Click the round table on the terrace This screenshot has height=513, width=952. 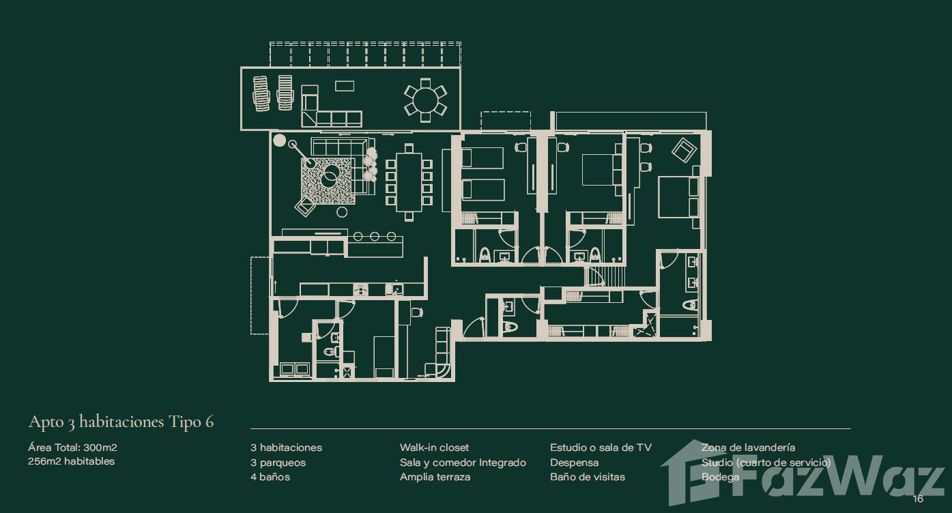pyautogui.click(x=425, y=100)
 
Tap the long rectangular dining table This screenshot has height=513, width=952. pyautogui.click(x=409, y=182)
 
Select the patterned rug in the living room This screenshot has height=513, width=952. pyautogui.click(x=328, y=181)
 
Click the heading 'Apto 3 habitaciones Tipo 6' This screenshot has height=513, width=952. pyautogui.click(x=121, y=422)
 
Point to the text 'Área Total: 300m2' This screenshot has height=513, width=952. pyautogui.click(x=72, y=448)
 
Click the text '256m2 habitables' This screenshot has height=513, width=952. pyautogui.click(x=72, y=461)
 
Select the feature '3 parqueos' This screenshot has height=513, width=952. pyautogui.click(x=278, y=463)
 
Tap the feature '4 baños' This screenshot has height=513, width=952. pyautogui.click(x=270, y=477)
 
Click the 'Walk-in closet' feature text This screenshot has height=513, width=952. pyautogui.click(x=434, y=448)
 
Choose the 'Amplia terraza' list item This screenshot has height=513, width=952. pyautogui.click(x=435, y=477)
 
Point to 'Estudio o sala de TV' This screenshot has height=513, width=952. pyautogui.click(x=601, y=448)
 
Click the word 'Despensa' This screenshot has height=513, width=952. pyautogui.click(x=574, y=463)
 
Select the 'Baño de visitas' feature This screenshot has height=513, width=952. pyautogui.click(x=588, y=477)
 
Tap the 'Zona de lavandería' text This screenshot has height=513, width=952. pyautogui.click(x=748, y=448)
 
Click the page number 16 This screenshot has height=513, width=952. pyautogui.click(x=918, y=499)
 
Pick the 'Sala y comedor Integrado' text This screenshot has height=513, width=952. pyautogui.click(x=463, y=463)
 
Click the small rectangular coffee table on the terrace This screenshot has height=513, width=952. pyautogui.click(x=344, y=86)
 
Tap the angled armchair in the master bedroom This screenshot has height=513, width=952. pyautogui.click(x=683, y=150)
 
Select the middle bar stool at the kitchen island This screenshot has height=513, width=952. pyautogui.click(x=375, y=236)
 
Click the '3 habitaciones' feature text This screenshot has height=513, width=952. pyautogui.click(x=286, y=448)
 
